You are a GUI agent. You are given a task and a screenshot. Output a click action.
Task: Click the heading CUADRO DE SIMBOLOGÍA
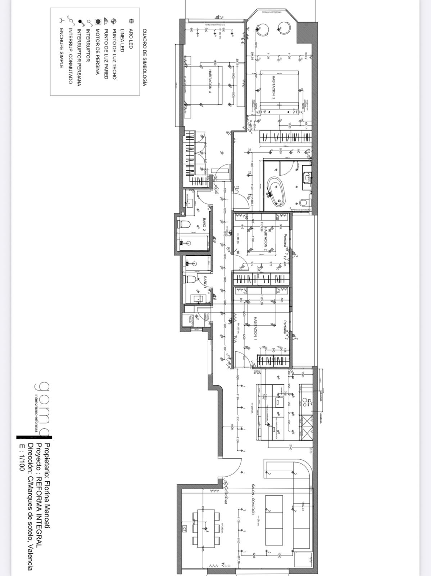click(x=144, y=58)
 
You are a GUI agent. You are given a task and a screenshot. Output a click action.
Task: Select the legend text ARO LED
click(x=131, y=39)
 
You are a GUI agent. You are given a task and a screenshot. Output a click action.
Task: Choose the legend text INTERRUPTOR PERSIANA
click(x=79, y=57)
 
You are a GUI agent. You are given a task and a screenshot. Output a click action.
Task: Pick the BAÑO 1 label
click(x=205, y=281)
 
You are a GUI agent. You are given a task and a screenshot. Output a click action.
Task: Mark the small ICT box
click(x=185, y=529)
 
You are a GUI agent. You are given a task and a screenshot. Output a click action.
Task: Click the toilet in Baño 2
click(x=184, y=224)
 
